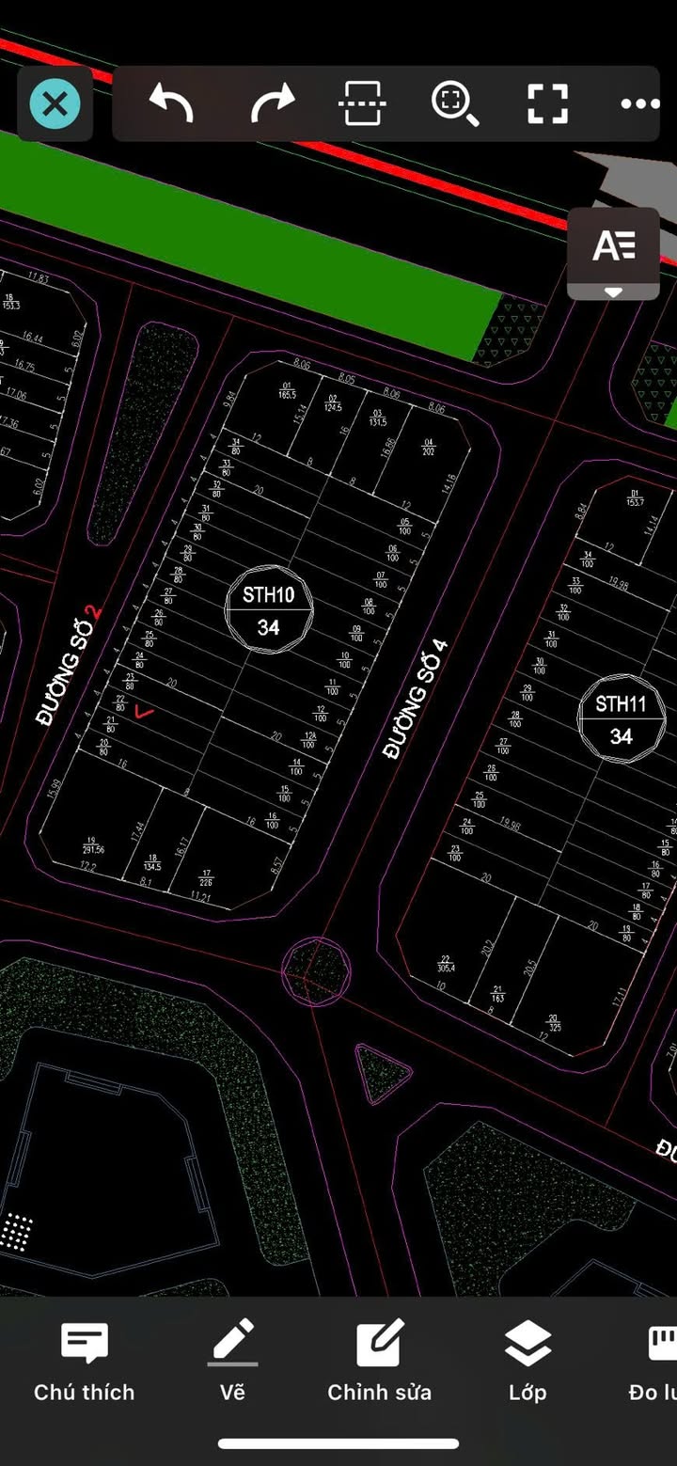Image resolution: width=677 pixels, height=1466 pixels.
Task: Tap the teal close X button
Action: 55,103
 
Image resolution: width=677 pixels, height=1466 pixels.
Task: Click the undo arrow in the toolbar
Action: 171,102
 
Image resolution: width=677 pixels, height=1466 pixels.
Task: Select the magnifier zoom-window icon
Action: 455,102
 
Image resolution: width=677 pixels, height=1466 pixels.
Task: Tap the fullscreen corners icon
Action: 547,102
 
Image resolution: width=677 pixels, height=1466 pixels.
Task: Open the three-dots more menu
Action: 639,103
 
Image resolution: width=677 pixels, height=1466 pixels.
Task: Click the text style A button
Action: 613,246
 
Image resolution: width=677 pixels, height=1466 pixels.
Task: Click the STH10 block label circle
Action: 269,609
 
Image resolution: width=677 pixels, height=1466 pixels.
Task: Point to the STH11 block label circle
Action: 621,719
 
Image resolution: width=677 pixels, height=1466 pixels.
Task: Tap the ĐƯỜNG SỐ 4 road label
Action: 415,699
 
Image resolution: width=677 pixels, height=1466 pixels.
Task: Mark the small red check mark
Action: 144,712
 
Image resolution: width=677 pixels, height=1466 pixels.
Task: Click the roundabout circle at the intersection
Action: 317,969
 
